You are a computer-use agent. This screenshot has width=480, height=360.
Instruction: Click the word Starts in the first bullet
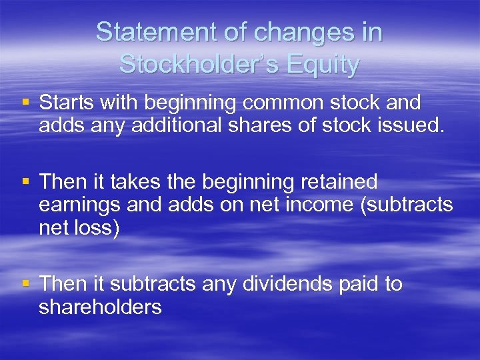[x=67, y=103]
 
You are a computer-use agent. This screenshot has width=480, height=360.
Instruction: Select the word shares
[x=271, y=125]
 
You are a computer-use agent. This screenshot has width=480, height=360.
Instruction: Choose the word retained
[x=339, y=181]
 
